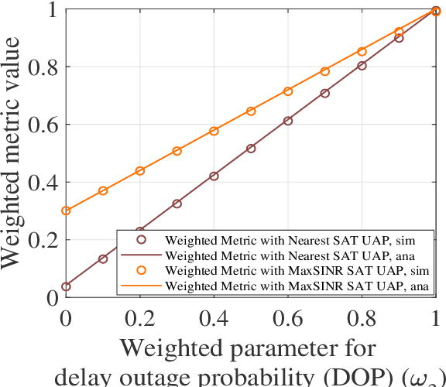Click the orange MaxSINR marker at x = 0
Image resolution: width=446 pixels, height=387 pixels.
click(66, 211)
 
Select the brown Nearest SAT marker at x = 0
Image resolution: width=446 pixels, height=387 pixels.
click(66, 286)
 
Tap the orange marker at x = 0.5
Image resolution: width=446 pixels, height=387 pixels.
click(251, 111)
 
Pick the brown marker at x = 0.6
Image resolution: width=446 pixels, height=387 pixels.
click(288, 121)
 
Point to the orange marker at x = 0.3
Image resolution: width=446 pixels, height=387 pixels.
click(177, 151)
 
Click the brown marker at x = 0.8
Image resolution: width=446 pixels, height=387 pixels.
click(362, 66)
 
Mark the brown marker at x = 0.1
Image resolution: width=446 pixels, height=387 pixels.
click(103, 259)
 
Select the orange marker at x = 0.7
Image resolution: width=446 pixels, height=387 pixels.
click(325, 71)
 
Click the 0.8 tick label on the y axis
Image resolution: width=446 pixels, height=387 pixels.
click(43, 67)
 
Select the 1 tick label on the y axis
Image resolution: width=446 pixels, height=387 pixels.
click(51, 10)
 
